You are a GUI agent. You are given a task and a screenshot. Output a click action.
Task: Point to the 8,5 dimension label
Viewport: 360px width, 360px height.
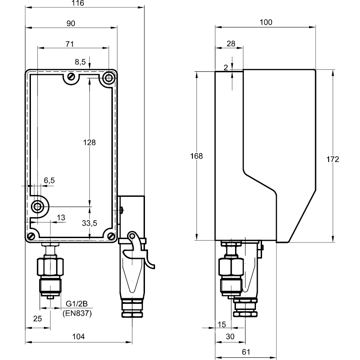tap(80, 62)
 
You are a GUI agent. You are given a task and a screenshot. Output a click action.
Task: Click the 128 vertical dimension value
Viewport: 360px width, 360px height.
tap(89, 142)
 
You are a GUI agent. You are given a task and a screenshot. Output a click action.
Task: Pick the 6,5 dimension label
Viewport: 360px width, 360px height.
tap(49, 180)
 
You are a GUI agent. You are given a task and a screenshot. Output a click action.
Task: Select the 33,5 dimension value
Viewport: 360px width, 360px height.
tap(89, 223)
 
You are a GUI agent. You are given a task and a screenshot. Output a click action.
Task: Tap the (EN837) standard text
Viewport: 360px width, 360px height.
tap(77, 313)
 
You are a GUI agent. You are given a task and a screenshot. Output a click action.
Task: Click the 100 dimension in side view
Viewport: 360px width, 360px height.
tap(266, 23)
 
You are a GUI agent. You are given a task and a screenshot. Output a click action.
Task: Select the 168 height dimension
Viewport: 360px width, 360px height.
tap(197, 156)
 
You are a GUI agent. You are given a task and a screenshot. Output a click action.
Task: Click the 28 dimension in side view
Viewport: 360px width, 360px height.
tap(231, 44)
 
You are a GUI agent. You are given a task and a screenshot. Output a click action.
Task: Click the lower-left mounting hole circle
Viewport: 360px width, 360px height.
tap(38, 206)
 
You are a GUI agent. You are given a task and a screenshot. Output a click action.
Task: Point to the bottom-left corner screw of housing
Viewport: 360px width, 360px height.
tap(31, 236)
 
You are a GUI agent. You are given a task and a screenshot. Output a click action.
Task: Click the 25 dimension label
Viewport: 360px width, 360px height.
tap(37, 319)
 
